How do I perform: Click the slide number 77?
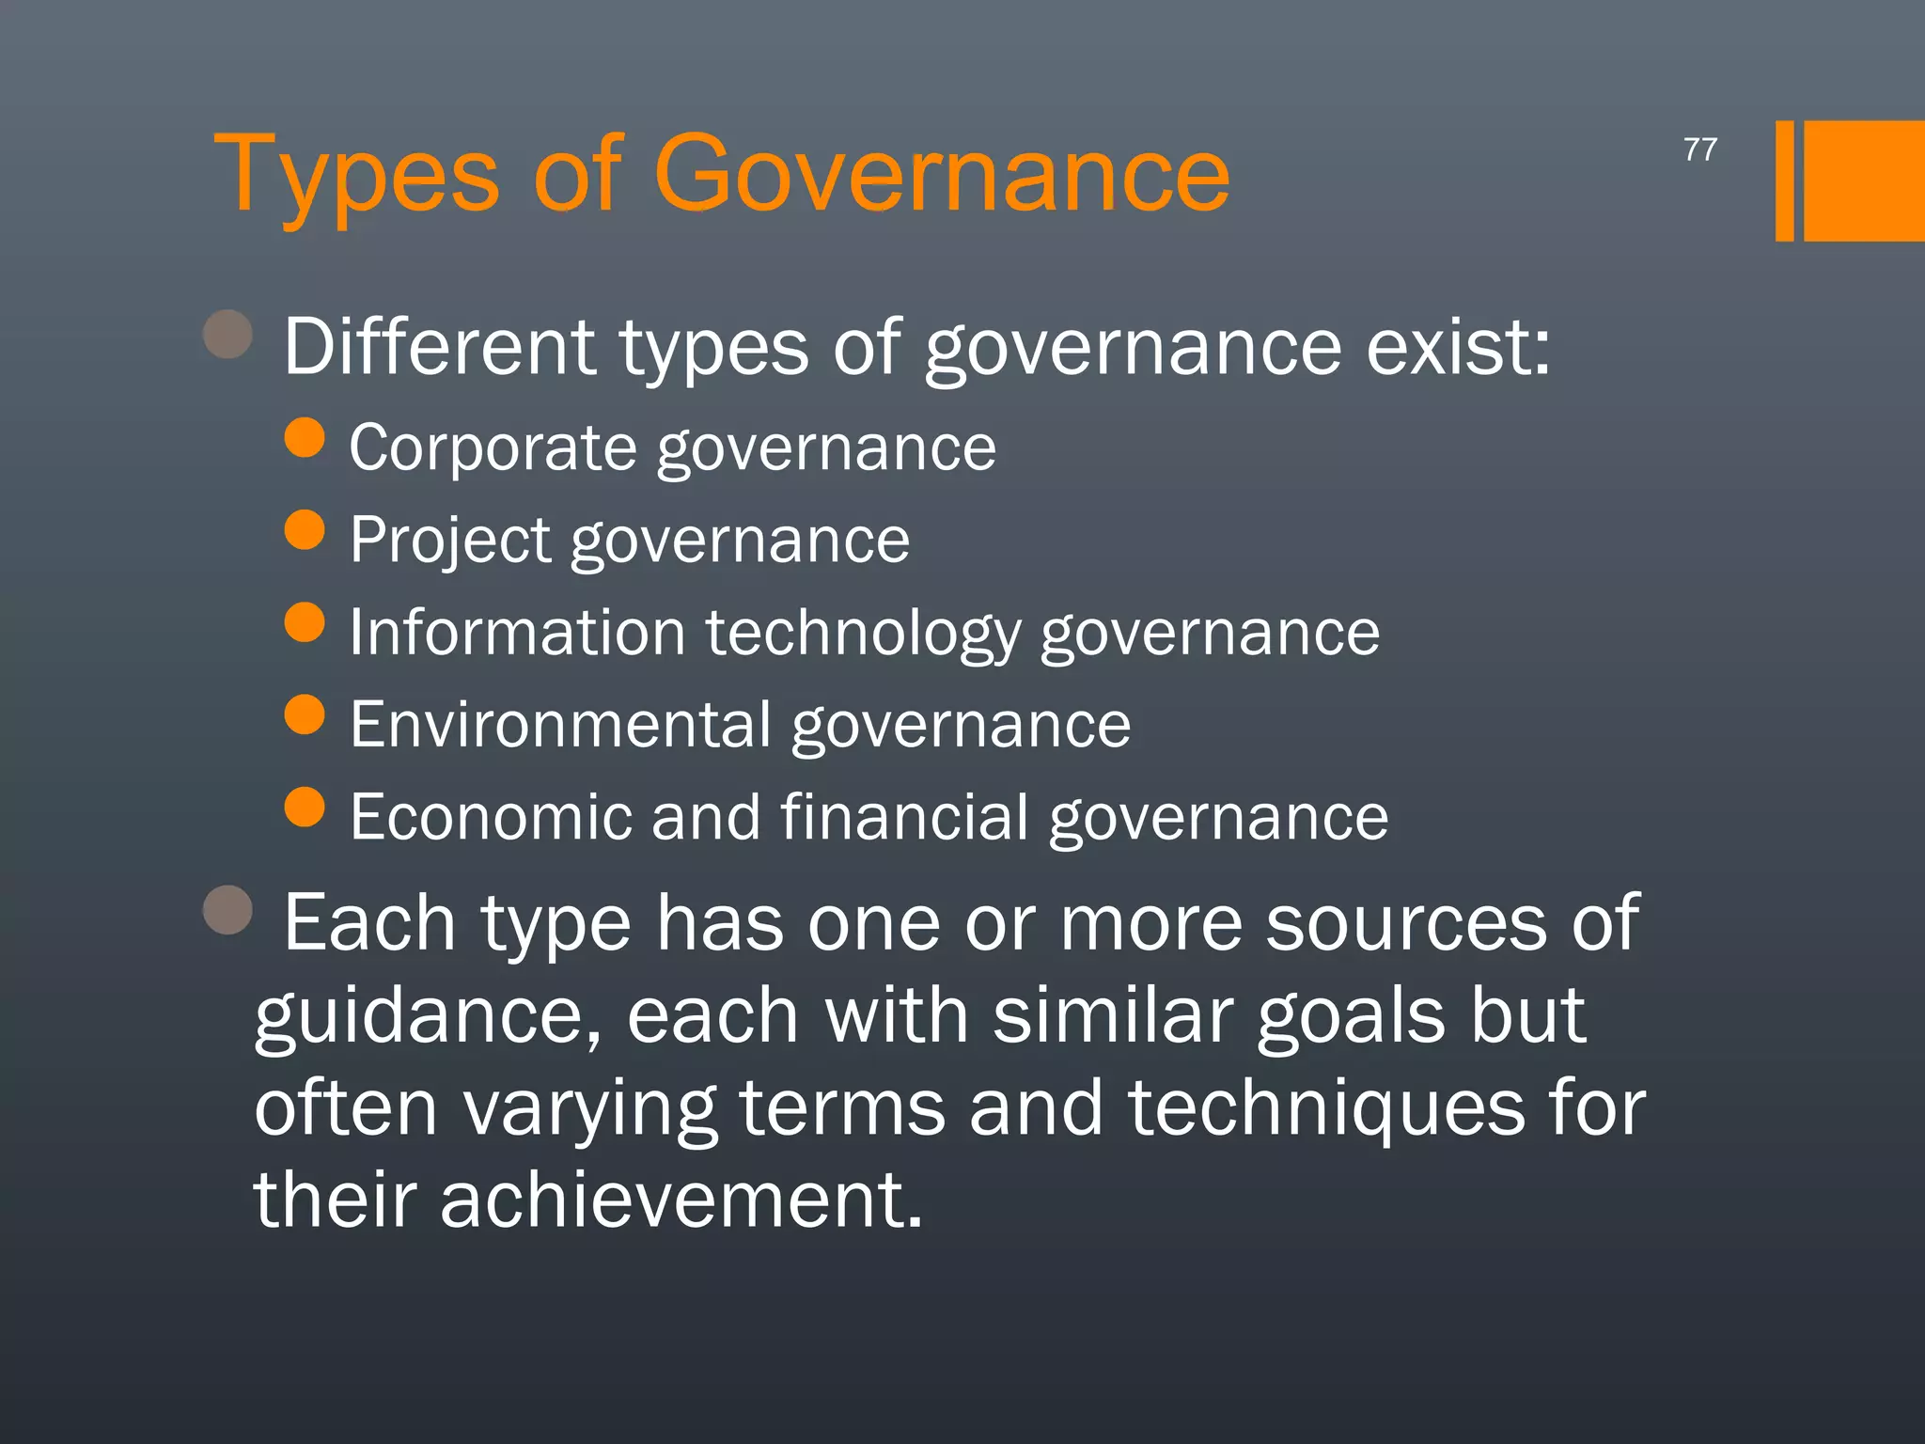pos(1699,149)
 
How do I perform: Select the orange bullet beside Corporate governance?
pos(305,438)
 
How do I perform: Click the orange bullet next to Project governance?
pos(305,530)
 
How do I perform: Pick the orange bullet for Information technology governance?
pos(305,622)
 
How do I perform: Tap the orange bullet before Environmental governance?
pos(305,714)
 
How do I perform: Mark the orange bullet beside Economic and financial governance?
pos(305,807)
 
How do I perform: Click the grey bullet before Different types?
pos(228,335)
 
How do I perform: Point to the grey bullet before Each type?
pos(228,910)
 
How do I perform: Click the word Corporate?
pos(493,447)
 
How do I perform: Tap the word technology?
pos(863,634)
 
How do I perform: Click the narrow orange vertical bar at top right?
pos(1784,180)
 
